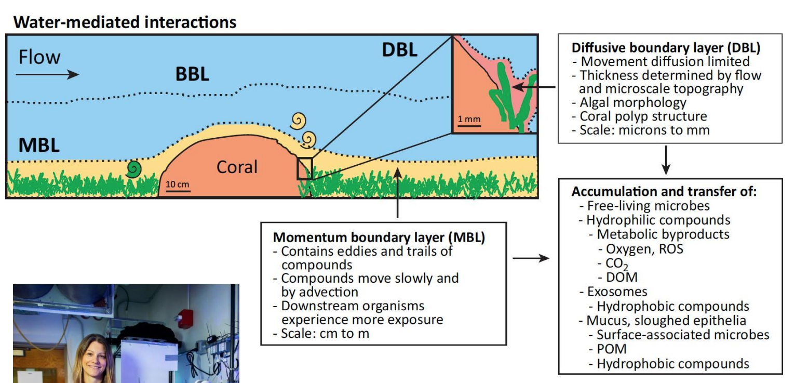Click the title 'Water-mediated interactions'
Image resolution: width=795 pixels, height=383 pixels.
tap(125, 22)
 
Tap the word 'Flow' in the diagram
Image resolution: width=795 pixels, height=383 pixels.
tap(39, 57)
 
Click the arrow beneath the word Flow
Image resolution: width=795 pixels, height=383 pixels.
tap(47, 74)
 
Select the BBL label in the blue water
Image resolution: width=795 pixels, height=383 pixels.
tap(192, 74)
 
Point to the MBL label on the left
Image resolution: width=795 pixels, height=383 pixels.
tap(39, 146)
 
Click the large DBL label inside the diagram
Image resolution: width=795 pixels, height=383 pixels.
tap(399, 50)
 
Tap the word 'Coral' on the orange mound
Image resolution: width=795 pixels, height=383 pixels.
tap(237, 167)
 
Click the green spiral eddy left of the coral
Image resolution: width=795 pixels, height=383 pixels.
tap(134, 168)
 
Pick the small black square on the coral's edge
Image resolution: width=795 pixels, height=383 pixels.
tap(305, 169)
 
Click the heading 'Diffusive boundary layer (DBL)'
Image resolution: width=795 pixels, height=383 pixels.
tap(666, 48)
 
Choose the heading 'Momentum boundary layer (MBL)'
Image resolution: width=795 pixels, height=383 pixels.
tap(379, 237)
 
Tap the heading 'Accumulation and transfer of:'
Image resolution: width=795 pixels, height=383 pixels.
tap(664, 191)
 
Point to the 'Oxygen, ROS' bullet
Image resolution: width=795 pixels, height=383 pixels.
tap(644, 248)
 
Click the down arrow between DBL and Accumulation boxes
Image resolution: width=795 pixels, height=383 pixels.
tap(666, 160)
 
